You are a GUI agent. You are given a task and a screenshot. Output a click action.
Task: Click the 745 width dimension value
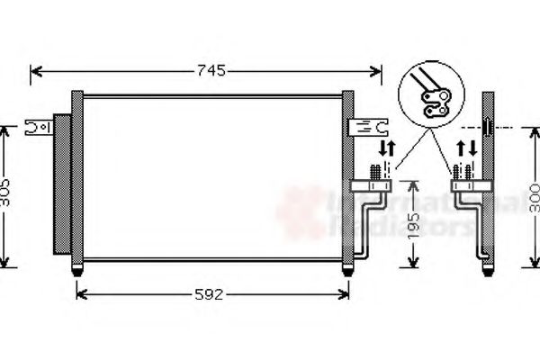206,69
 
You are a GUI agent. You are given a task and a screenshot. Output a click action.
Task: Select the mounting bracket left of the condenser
38,127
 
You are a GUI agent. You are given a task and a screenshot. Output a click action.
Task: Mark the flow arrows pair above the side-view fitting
467,148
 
